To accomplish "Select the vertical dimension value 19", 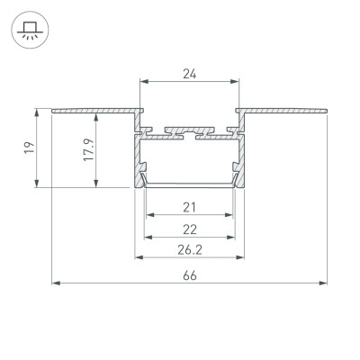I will coord(29,148).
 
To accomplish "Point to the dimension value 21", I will coord(190,205).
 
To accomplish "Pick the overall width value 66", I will coord(190,274).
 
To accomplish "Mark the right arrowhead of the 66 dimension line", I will coord(324,283).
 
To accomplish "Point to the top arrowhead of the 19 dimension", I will coord(38,112).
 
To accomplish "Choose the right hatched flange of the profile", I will coord(283,110).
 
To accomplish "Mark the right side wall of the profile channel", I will coord(238,157).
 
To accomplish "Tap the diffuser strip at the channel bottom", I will coord(190,184).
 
